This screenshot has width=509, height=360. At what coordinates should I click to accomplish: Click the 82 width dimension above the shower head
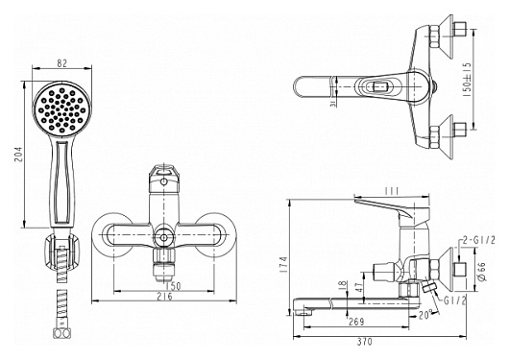coord(61,63)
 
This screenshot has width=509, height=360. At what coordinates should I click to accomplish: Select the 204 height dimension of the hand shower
coord(18,155)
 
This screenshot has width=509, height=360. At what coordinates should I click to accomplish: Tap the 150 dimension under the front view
coord(173,286)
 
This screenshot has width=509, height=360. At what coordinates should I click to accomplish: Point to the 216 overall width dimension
coord(164,297)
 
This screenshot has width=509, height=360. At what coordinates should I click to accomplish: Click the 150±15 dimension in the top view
coord(467,79)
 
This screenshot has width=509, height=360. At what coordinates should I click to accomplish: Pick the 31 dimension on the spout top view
coord(332,103)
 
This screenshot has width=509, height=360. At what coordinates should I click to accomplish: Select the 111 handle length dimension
coord(392,192)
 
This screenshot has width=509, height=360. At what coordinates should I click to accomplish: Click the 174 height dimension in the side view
coord(284,264)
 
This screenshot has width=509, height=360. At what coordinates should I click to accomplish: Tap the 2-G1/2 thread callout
coord(479,241)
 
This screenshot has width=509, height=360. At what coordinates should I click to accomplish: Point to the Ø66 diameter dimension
coord(482,272)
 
